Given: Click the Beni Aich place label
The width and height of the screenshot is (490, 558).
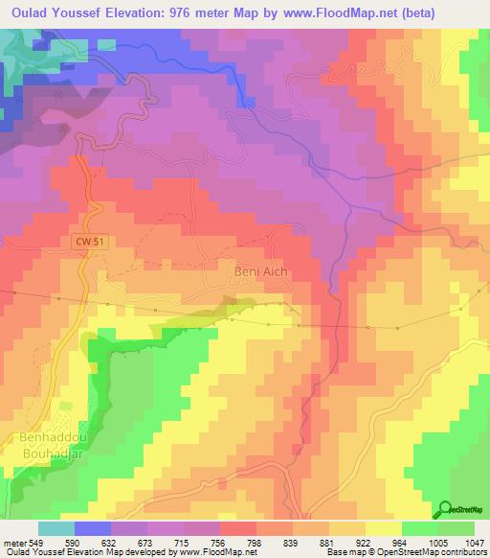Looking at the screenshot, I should [x=261, y=272].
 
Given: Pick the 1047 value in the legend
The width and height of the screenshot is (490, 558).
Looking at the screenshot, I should [x=474, y=542].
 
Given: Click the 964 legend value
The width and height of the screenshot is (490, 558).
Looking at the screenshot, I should [x=401, y=542].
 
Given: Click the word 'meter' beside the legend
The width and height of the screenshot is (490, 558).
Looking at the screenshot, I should [x=14, y=542].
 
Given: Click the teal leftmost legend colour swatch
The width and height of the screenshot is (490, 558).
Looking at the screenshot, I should [x=56, y=528].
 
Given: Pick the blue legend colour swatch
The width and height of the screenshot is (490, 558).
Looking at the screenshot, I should [x=93, y=528].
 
